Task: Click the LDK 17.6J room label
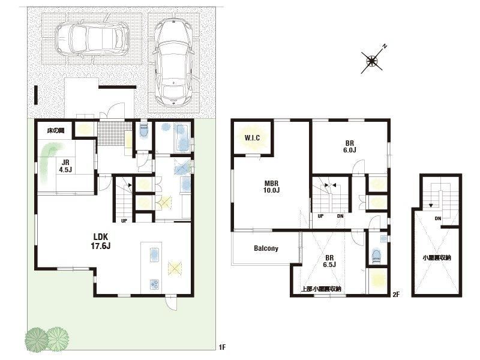point(100,241)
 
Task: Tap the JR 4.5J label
point(65,166)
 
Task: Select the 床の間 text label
point(55,131)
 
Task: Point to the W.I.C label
point(252,138)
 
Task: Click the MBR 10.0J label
point(272,187)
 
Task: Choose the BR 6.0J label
point(350,146)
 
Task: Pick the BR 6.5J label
point(329,261)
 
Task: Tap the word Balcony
point(266,248)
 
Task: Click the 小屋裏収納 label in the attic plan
point(437,258)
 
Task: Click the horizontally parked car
point(92,40)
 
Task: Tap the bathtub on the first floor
point(183,138)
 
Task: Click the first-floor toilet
point(143,130)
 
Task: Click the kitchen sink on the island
point(155,255)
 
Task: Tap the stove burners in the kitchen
point(155,284)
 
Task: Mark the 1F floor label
point(222,347)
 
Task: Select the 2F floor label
point(396,295)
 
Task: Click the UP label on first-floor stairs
point(124,220)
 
